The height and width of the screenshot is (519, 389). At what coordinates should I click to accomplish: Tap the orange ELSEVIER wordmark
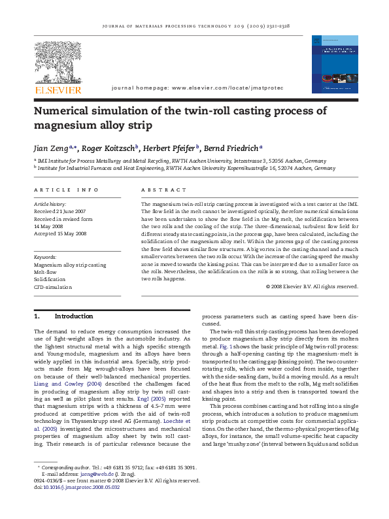58,90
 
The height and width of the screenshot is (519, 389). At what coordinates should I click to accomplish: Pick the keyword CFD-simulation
53,287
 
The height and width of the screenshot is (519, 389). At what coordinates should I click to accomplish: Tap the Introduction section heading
73,316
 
